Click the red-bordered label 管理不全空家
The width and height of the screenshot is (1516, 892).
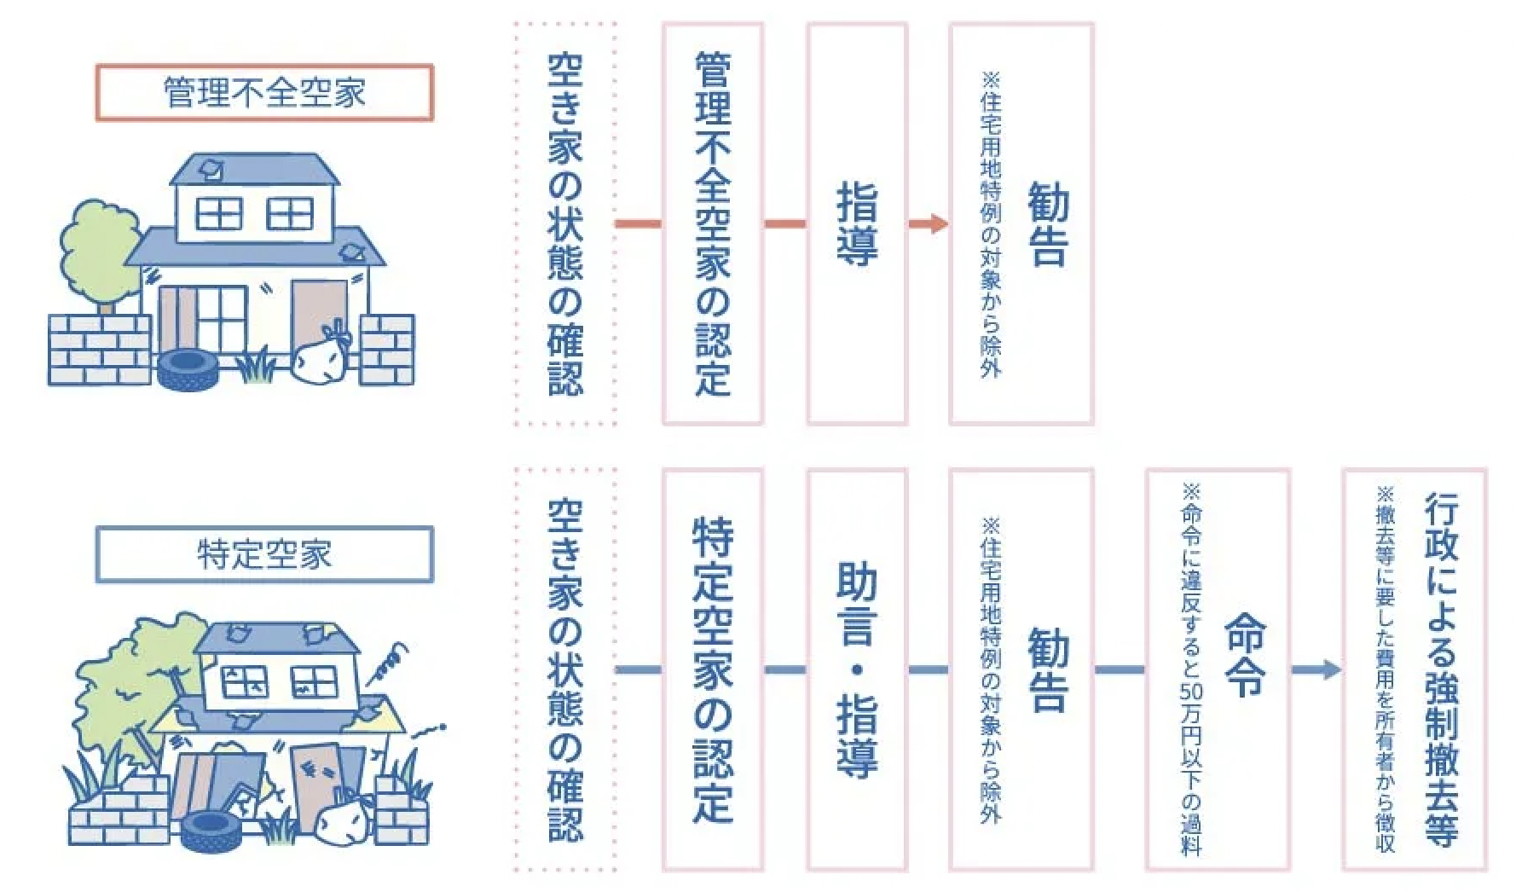[264, 92]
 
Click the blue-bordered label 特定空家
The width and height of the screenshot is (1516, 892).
[264, 554]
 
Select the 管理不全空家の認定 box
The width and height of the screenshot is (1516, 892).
[713, 223]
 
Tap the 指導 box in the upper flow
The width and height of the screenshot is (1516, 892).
[856, 223]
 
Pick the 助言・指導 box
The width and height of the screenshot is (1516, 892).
[856, 670]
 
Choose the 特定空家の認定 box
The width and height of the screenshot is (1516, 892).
[713, 670]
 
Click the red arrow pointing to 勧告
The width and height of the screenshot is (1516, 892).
[928, 224]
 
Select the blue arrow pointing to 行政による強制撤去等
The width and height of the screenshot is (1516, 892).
[1316, 670]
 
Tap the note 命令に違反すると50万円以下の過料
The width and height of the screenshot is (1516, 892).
[1191, 670]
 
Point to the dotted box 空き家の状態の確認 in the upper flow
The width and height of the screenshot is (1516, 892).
[565, 223]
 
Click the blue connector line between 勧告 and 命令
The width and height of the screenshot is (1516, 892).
[1120, 670]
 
